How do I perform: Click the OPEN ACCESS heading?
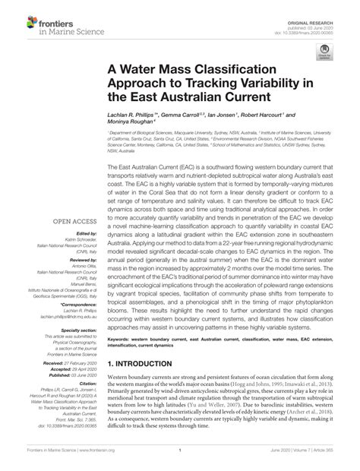(x=65, y=223)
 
